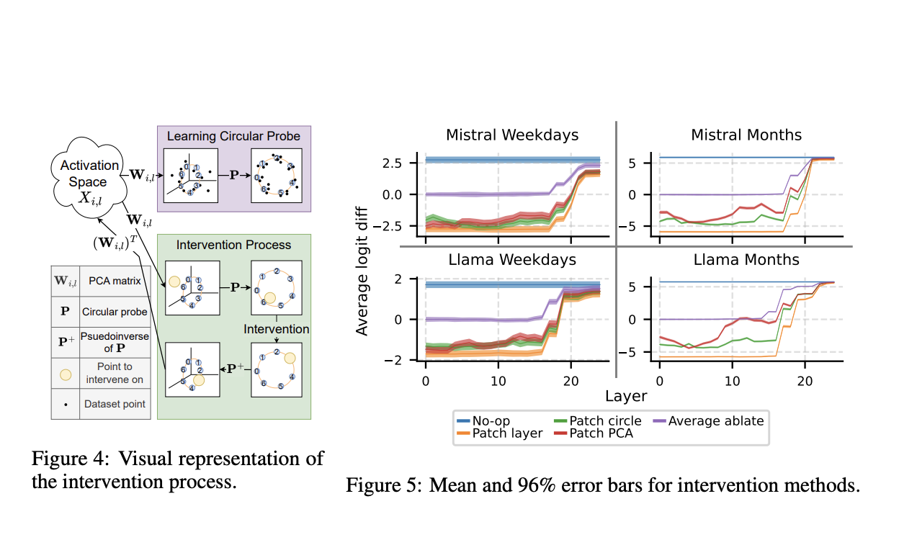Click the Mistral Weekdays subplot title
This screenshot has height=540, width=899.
click(x=511, y=135)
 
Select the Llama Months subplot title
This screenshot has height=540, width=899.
click(x=746, y=259)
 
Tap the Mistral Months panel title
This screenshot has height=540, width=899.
click(x=746, y=135)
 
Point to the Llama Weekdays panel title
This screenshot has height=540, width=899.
click(x=511, y=259)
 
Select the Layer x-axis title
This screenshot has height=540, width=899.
click(x=626, y=396)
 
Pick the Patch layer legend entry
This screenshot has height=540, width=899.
click(x=500, y=433)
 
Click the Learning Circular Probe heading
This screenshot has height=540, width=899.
click(x=233, y=135)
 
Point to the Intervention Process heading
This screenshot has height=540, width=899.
click(x=233, y=245)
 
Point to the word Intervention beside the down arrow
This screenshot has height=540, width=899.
click(x=276, y=329)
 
